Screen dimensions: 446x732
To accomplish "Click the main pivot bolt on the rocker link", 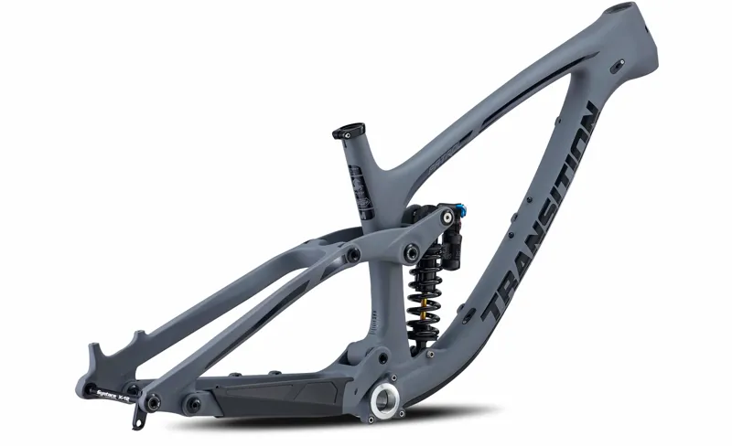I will click(x=409, y=249).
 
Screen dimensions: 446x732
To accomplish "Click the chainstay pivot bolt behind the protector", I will click(x=193, y=402).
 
